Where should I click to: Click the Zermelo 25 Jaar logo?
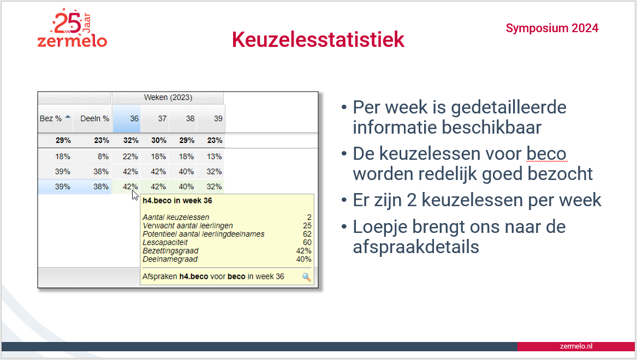72,28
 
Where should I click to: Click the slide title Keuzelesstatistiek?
318,39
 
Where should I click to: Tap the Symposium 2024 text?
552,28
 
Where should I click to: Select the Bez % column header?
55,118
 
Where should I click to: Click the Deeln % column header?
94,118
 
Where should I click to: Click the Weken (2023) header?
168,98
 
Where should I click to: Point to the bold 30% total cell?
159,140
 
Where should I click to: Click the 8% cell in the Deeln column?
103,157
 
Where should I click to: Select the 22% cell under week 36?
130,157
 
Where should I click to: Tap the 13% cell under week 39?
214,157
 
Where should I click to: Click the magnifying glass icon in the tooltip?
307,277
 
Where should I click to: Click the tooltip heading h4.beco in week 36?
177,201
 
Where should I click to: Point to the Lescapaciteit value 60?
307,242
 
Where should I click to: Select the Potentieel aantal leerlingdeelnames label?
204,234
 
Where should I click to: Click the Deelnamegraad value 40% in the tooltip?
304,259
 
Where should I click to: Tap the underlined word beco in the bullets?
546,154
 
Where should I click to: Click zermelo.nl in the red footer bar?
576,346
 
